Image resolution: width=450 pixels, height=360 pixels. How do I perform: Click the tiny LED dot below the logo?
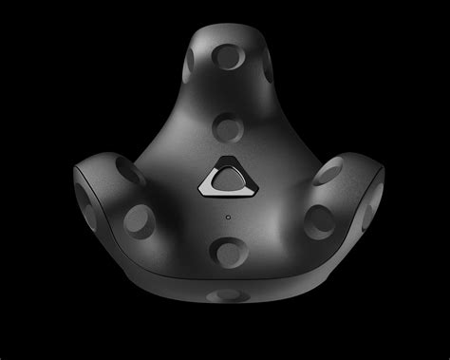pyautogui.click(x=229, y=215)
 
